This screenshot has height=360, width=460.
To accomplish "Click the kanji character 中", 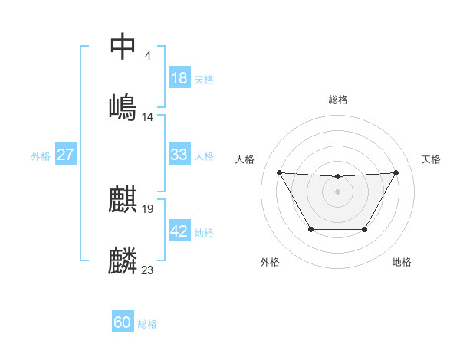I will (123, 46).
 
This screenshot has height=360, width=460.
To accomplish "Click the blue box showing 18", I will (179, 78).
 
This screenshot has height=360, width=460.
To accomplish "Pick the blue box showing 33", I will (179, 155).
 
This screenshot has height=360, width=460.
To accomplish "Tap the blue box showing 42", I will (179, 231).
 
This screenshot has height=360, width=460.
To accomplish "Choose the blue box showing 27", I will (66, 155).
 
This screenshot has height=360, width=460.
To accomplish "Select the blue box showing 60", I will (123, 322).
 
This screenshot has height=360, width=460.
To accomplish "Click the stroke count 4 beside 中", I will (147, 56).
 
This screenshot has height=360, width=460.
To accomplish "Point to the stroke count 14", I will (148, 116).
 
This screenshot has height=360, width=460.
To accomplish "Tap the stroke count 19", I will (148, 209).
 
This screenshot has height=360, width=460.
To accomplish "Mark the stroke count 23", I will (148, 270).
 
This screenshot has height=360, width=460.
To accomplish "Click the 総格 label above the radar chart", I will (338, 100).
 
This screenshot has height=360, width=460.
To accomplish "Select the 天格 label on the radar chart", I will (431, 159).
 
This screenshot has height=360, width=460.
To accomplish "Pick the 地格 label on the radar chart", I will (402, 262).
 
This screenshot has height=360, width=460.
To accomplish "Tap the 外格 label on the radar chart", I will (270, 262).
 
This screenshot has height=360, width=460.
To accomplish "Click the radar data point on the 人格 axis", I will (280, 172).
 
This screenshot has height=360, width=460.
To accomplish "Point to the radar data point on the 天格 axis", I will (396, 172).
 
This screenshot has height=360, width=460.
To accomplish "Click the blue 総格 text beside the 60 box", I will (147, 323).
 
